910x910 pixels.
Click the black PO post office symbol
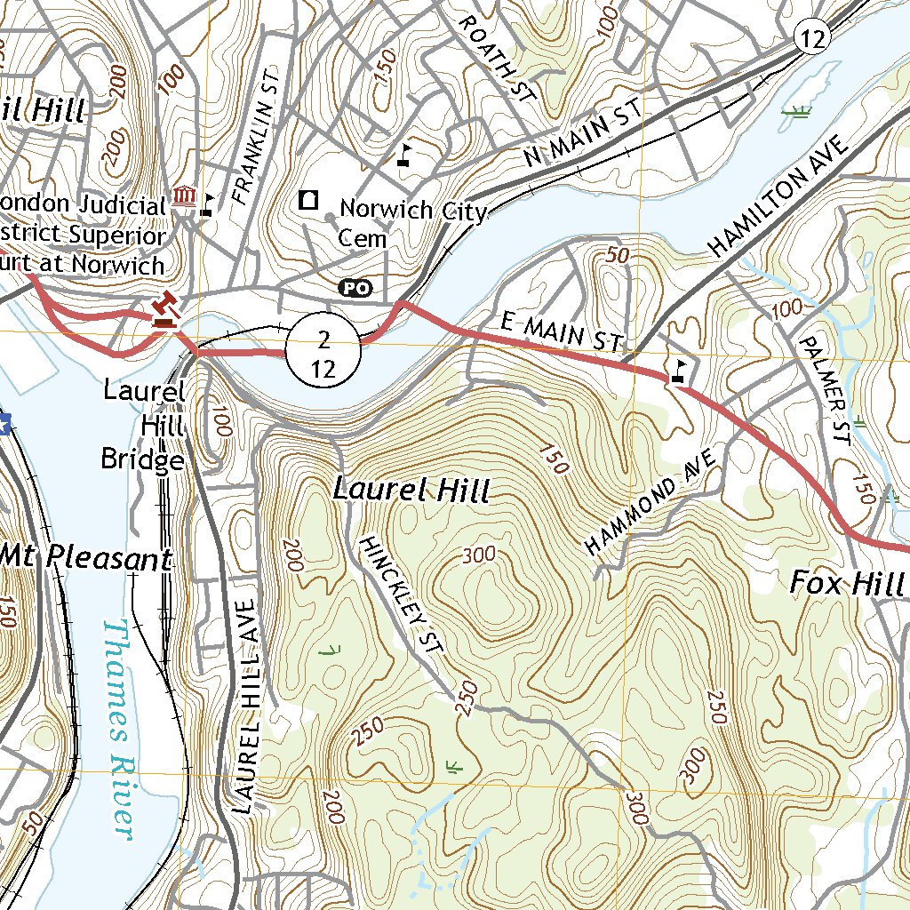click(355, 287)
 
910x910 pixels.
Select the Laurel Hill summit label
click(411, 490)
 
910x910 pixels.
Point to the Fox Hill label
click(848, 584)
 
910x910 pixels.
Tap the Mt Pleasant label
click(87, 558)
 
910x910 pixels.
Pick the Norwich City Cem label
click(413, 222)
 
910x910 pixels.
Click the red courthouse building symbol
click(185, 196)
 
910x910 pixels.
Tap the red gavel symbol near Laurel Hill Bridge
click(164, 311)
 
